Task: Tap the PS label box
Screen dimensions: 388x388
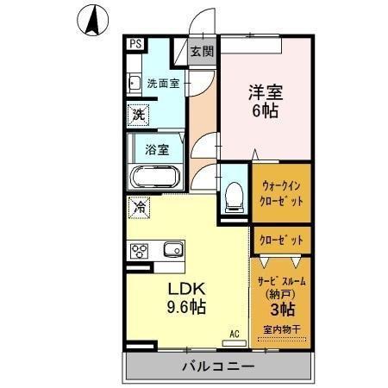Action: pos(137,42)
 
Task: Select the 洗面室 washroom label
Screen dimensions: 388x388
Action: pos(162,84)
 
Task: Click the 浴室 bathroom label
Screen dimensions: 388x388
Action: pos(156,147)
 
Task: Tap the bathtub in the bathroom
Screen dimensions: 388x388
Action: pos(154,178)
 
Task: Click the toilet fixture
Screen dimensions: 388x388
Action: pos(232,195)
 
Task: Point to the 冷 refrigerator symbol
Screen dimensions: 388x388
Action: pos(139,207)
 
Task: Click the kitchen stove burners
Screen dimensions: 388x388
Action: pos(140,251)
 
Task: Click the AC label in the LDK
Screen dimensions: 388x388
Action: pos(234,332)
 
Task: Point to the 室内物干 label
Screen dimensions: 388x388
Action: pos(281,330)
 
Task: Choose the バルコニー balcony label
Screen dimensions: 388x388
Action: pos(217,366)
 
